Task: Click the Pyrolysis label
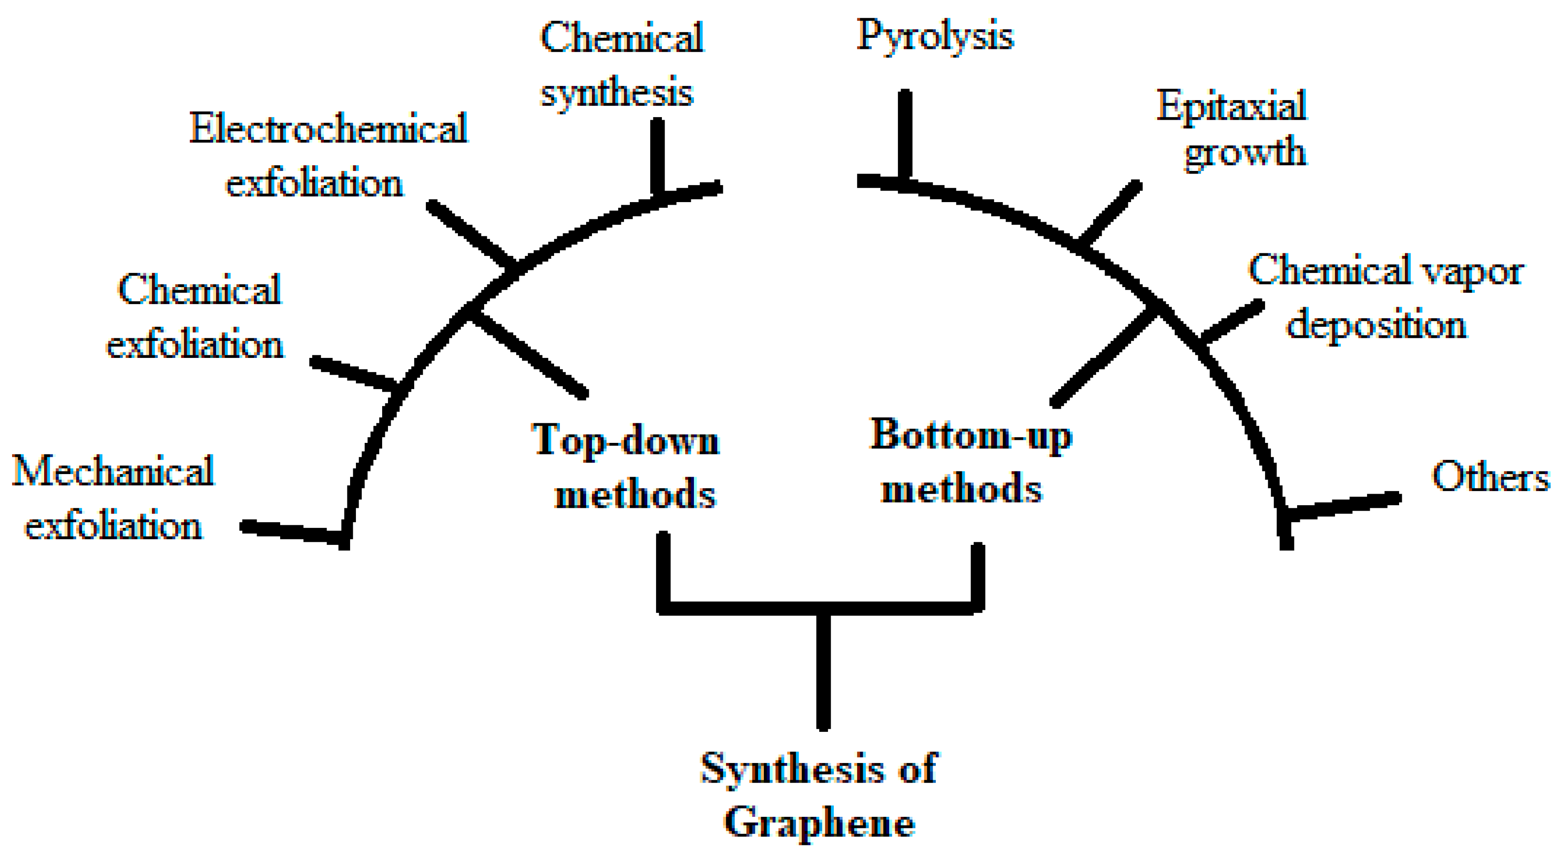(935, 37)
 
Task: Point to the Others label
(1490, 477)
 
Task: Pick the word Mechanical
(113, 471)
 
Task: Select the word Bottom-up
(971, 435)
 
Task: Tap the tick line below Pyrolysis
(905, 136)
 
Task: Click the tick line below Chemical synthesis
(658, 156)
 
